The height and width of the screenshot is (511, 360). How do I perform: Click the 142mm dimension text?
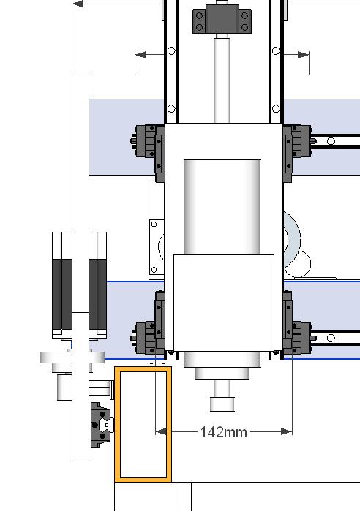[x=223, y=432]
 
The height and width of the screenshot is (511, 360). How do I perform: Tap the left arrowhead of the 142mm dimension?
[x=161, y=432]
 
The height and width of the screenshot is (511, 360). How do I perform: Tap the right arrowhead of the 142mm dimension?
[x=287, y=432]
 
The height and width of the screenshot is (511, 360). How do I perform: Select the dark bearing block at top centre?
[x=222, y=18]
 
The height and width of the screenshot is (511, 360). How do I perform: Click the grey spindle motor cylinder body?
[x=222, y=207]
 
